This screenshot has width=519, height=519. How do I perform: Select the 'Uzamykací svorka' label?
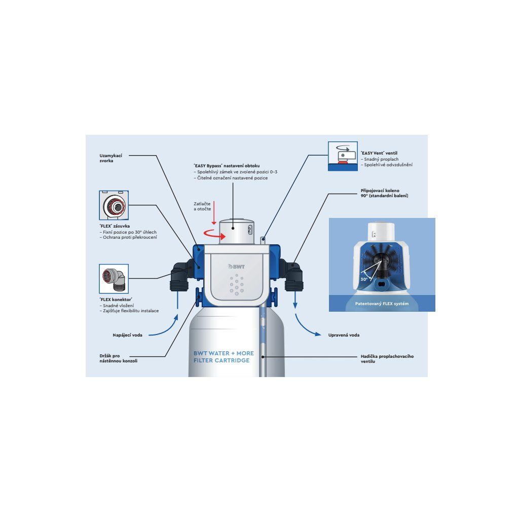(110, 158)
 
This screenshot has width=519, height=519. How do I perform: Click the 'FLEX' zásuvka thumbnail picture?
(114, 205)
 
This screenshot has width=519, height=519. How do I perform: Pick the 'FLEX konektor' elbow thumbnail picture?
(114, 279)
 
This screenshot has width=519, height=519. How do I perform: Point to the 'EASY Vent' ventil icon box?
(343, 156)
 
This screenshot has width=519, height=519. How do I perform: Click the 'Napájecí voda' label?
(127, 335)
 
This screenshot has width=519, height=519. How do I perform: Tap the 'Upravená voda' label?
(344, 335)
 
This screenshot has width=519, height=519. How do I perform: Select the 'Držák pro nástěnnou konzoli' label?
(118, 358)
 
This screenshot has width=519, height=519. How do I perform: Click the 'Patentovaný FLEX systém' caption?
(382, 303)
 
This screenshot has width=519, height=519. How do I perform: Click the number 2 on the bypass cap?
(249, 230)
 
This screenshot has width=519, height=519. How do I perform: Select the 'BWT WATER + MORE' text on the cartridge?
(224, 353)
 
